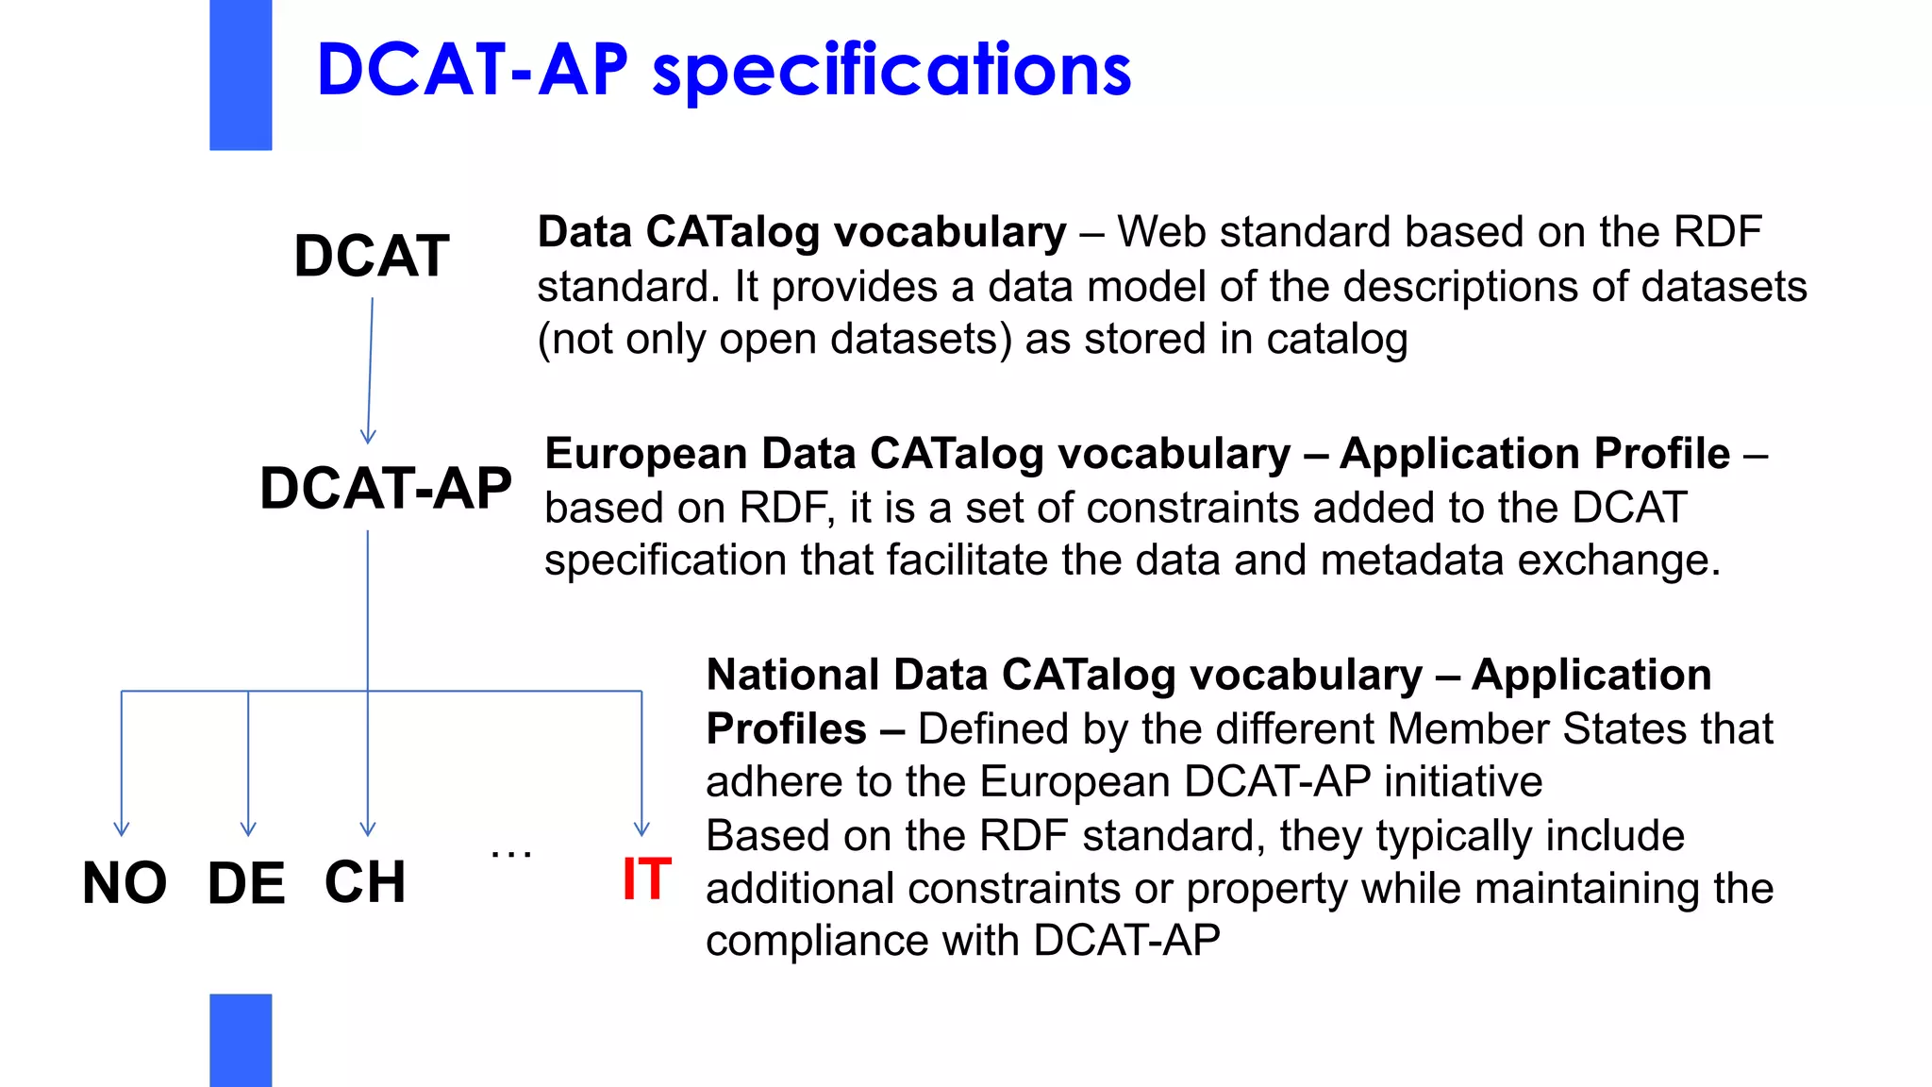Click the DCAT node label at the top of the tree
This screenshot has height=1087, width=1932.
click(372, 257)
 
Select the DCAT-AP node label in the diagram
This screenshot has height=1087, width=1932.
click(386, 489)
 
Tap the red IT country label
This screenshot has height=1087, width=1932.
click(646, 880)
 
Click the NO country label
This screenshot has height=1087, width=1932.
click(125, 884)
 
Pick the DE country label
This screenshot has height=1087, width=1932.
click(246, 884)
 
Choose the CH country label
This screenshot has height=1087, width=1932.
click(365, 883)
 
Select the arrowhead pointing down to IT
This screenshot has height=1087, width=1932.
click(641, 828)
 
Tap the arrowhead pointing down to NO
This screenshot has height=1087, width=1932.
click(122, 828)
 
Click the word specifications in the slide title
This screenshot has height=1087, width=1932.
click(891, 71)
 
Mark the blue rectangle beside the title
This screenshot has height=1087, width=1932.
click(241, 75)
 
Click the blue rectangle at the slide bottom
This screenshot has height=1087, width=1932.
click(241, 1040)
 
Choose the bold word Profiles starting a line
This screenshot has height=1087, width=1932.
click(786, 729)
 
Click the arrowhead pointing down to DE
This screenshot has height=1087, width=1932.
click(248, 828)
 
